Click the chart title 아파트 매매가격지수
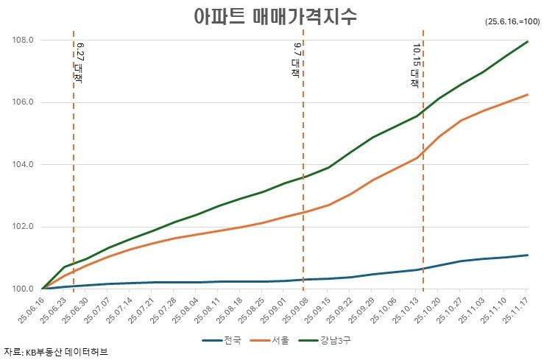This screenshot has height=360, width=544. pos(275,16)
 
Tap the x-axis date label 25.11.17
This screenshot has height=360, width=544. pos(517,311)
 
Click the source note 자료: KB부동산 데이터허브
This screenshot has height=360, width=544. pos(56,353)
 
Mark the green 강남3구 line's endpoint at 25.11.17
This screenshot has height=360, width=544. pos(528,41)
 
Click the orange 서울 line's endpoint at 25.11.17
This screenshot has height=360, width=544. pos(528,94)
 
